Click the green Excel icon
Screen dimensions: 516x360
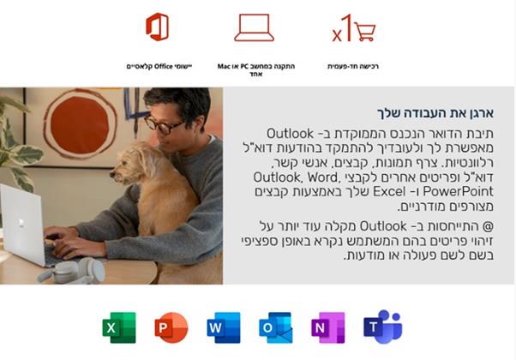click(119, 327)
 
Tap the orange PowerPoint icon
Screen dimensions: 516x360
click(171, 327)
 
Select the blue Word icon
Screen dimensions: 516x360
click(224, 327)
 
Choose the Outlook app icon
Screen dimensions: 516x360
click(276, 327)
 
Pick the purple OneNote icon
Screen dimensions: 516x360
click(328, 327)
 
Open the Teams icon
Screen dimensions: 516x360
click(383, 327)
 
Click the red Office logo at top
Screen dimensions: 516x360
click(158, 27)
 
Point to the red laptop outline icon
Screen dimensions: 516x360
click(254, 27)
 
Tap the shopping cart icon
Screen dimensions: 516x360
click(365, 32)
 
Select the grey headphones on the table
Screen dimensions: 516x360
click(73, 271)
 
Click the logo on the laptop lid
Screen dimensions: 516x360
click(21, 223)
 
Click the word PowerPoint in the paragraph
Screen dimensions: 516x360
click(458, 191)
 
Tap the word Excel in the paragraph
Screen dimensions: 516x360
click(389, 191)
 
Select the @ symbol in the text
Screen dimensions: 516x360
click(488, 226)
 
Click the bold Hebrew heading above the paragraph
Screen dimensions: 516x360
click(435, 113)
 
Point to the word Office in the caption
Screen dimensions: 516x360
click(164, 67)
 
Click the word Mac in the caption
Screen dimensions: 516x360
click(224, 67)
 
